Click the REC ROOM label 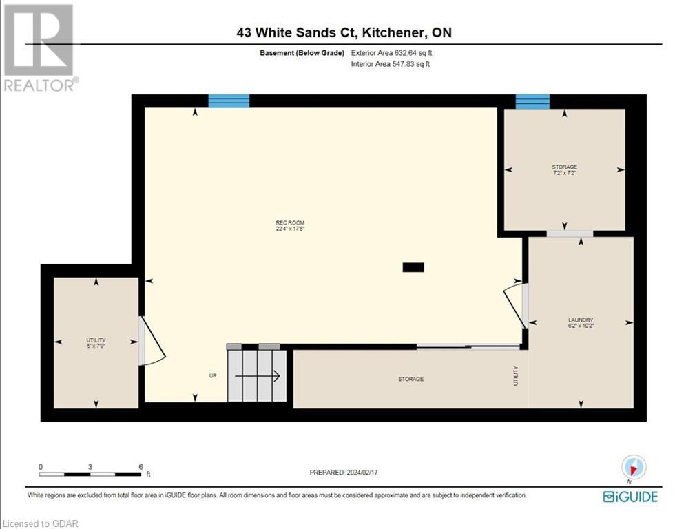click(290, 222)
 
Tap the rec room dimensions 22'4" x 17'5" click(290, 229)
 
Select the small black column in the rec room click(413, 267)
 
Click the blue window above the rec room click(229, 101)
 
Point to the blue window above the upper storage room click(532, 101)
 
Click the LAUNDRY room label click(581, 320)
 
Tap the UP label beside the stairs click(214, 376)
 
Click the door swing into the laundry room click(514, 303)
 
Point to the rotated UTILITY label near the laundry click(515, 375)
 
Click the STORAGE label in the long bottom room click(410, 379)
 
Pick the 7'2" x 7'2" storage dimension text click(564, 173)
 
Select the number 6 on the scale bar click(141, 466)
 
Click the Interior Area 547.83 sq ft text click(391, 64)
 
